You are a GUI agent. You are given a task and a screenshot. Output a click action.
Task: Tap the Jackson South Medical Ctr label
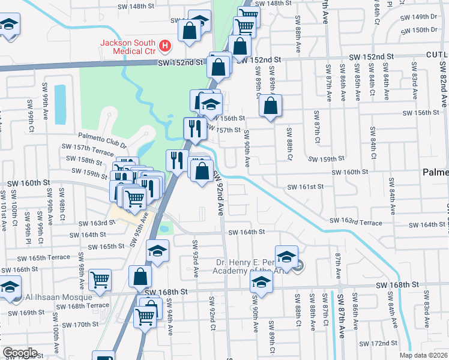[x=128, y=47]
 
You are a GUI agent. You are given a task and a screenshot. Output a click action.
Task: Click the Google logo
[x=20, y=353]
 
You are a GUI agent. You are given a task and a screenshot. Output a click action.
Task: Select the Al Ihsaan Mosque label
[x=59, y=297]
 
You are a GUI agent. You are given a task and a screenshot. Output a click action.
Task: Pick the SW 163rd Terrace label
[x=356, y=222]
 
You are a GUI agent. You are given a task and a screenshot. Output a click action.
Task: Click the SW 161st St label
[x=305, y=187]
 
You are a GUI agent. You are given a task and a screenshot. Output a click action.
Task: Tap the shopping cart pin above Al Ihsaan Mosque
[x=100, y=278]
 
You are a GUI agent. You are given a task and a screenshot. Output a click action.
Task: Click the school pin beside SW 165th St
[x=158, y=250]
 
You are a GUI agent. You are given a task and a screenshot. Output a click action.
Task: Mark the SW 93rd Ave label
[x=195, y=258]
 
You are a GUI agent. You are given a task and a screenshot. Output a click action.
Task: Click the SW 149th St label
[x=417, y=17]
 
